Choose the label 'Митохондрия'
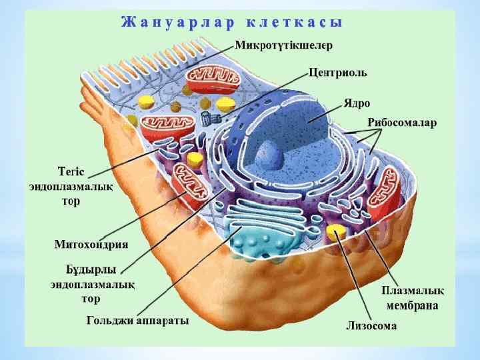(91, 244)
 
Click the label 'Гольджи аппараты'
(137, 321)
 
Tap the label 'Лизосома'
(371, 326)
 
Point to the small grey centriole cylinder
(209, 119)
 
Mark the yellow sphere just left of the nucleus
(195, 159)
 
